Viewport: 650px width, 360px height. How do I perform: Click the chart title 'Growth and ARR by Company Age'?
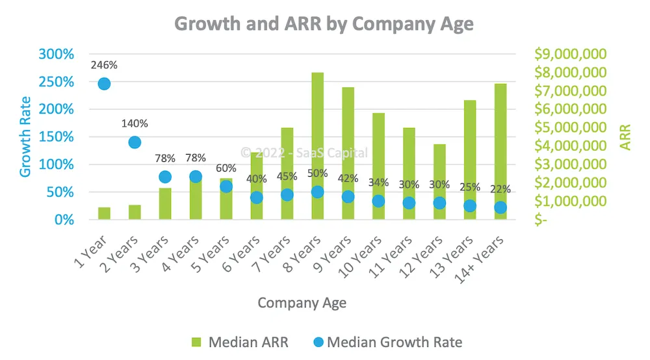tap(324, 24)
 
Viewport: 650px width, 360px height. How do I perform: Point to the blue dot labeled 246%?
tap(104, 84)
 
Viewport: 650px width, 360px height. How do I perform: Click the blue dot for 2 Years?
tap(135, 142)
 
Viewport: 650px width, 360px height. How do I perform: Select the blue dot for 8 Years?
tap(317, 192)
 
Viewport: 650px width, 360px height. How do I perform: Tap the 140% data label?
tap(135, 123)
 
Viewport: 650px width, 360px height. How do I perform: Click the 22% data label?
tap(500, 189)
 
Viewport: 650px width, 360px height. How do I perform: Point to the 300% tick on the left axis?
tap(57, 54)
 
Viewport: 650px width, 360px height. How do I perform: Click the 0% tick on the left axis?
tap(64, 220)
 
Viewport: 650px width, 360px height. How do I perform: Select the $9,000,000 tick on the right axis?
tap(570, 54)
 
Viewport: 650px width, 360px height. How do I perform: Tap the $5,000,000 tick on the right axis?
tap(570, 127)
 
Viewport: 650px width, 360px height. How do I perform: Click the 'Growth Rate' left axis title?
tap(25, 136)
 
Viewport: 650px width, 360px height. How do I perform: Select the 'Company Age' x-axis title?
tap(302, 303)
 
